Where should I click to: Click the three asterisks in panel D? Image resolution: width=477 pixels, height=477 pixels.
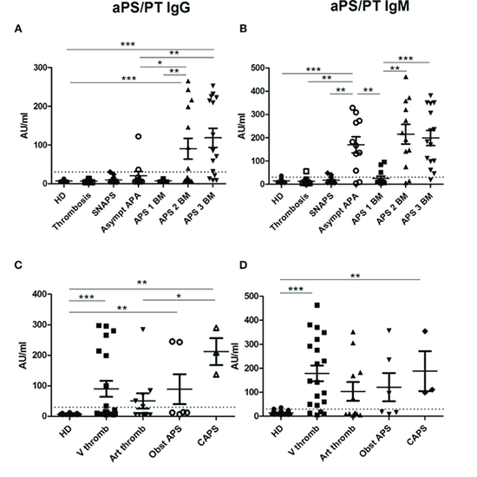pos(297,287)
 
